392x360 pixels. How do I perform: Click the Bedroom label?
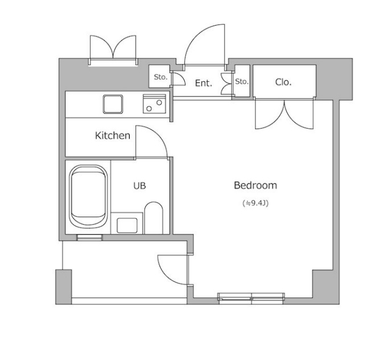coord(255,185)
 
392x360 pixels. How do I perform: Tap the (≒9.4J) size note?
coord(255,204)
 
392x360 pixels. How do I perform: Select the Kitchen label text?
coord(113,135)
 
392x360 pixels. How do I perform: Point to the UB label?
coord(139,185)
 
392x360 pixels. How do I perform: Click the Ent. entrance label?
coord(204,83)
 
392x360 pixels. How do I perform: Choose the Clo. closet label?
coord(283,82)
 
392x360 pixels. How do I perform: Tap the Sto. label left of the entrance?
coord(160,77)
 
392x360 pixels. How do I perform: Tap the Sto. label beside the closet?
coord(242,81)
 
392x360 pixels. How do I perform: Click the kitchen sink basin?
coord(113,104)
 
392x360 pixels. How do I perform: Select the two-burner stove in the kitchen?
coord(154,104)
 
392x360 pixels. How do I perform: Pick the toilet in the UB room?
coord(154,218)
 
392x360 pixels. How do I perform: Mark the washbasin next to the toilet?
coord(127,226)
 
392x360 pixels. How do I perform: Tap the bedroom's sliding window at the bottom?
coord(251,298)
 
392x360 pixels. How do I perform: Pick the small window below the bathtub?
coord(89,237)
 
